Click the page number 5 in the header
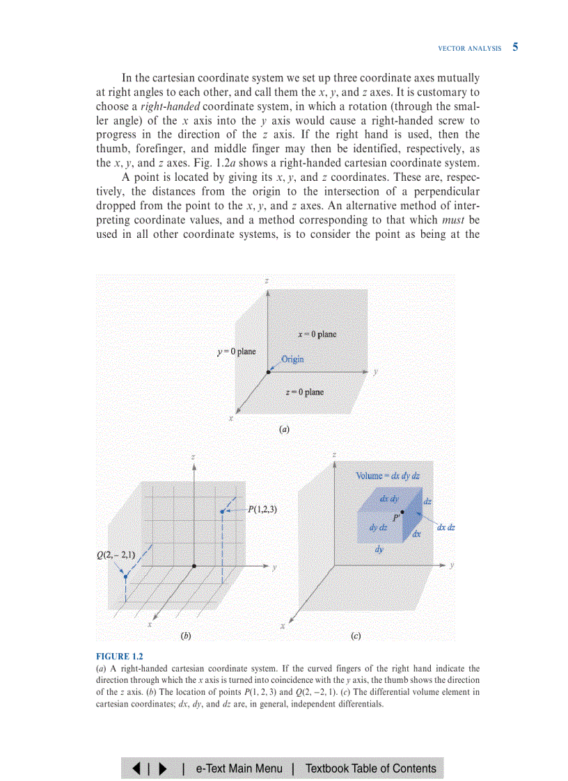pos(515,47)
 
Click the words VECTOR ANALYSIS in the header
pos(469,49)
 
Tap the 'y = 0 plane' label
pos(236,351)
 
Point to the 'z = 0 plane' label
pos(304,392)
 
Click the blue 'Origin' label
pos(292,360)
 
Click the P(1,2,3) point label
pos(262,509)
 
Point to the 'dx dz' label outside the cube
pos(446,528)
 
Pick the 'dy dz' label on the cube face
pos(379,528)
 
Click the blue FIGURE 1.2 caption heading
pos(119,656)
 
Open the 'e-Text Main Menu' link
pos(239,768)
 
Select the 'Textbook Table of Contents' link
pos(371,768)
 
